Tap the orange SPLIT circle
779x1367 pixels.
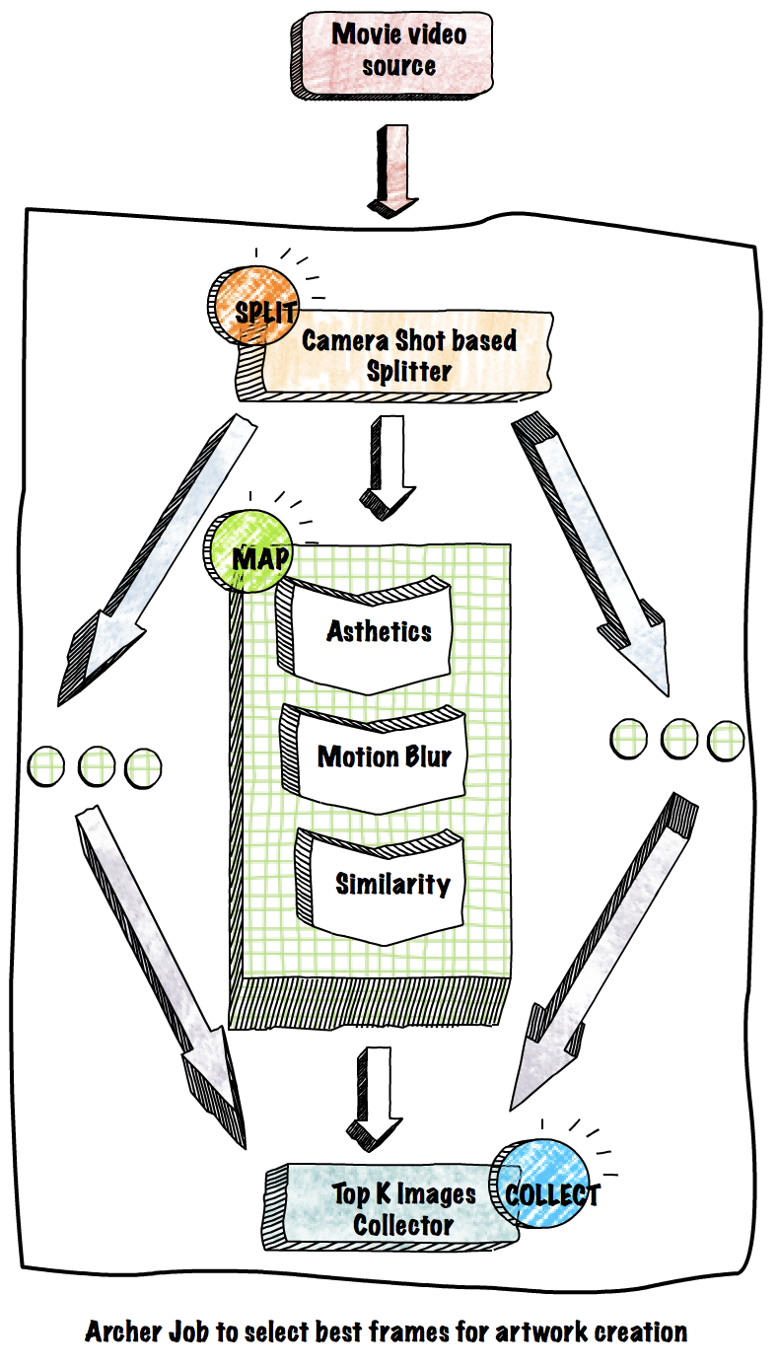(247, 308)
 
